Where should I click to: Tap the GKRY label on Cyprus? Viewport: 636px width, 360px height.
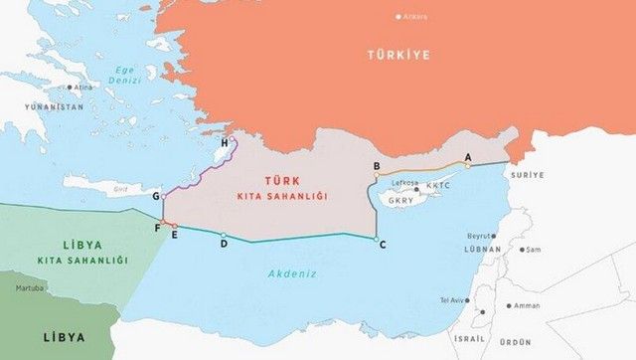[401, 200]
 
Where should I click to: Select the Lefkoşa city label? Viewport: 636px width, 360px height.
[404, 184]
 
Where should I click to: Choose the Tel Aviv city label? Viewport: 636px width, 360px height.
[452, 299]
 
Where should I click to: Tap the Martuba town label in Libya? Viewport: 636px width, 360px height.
[30, 289]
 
